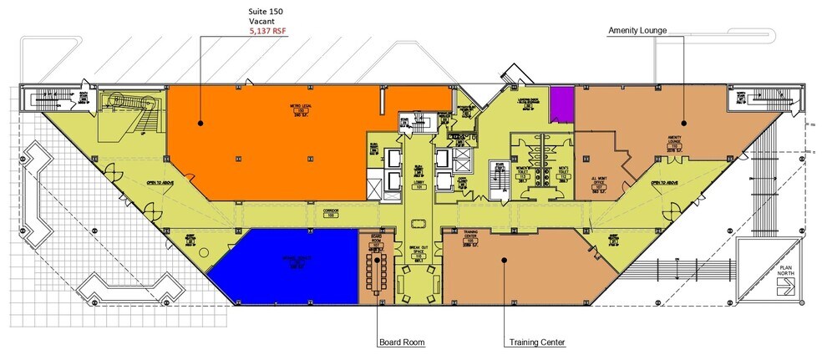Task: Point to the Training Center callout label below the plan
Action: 536,342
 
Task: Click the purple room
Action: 561,104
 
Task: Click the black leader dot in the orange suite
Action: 200,123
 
